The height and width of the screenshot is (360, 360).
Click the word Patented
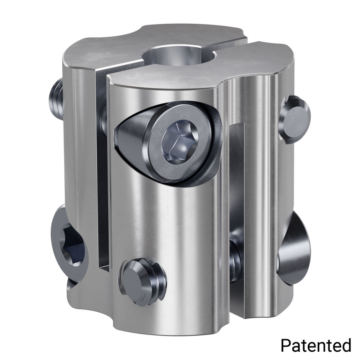[x=316, y=345]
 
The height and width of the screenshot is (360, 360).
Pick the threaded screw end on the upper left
[x=55, y=99]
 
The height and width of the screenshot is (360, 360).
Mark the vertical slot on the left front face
[x=102, y=174]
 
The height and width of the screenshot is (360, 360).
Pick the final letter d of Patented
[x=346, y=345]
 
